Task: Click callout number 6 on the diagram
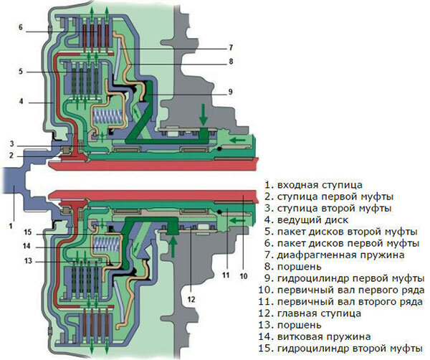point(21,28)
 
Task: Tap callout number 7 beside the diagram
point(231,48)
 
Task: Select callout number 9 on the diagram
point(231,92)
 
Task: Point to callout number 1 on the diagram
point(11,226)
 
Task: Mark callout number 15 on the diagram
point(27,231)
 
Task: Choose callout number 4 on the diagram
point(21,102)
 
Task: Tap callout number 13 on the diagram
point(27,260)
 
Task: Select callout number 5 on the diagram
point(21,72)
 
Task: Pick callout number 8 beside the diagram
point(231,62)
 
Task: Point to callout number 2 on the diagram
point(12,155)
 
